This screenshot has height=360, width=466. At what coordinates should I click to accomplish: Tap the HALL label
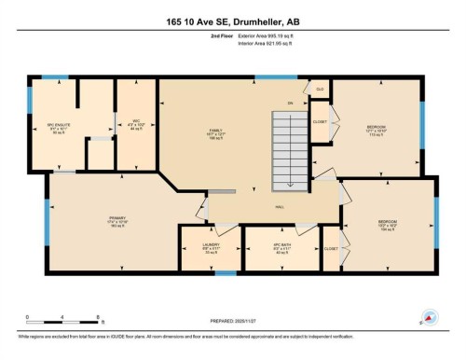(279, 207)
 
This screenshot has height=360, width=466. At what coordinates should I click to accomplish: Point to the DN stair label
(290, 103)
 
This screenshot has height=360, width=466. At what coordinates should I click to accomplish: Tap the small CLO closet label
(320, 90)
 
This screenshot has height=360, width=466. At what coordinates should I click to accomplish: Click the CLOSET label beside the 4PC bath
(330, 249)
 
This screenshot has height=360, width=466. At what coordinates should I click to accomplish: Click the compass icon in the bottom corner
(430, 317)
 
